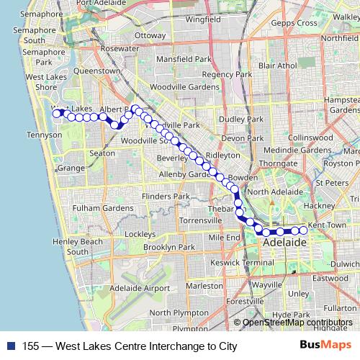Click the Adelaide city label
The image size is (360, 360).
(x=284, y=243)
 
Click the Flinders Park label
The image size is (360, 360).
(x=166, y=196)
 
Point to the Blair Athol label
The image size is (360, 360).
(x=277, y=66)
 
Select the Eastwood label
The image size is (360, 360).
(x=330, y=278)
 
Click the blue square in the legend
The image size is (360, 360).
(x=9, y=346)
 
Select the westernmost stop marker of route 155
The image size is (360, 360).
(x=57, y=113)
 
